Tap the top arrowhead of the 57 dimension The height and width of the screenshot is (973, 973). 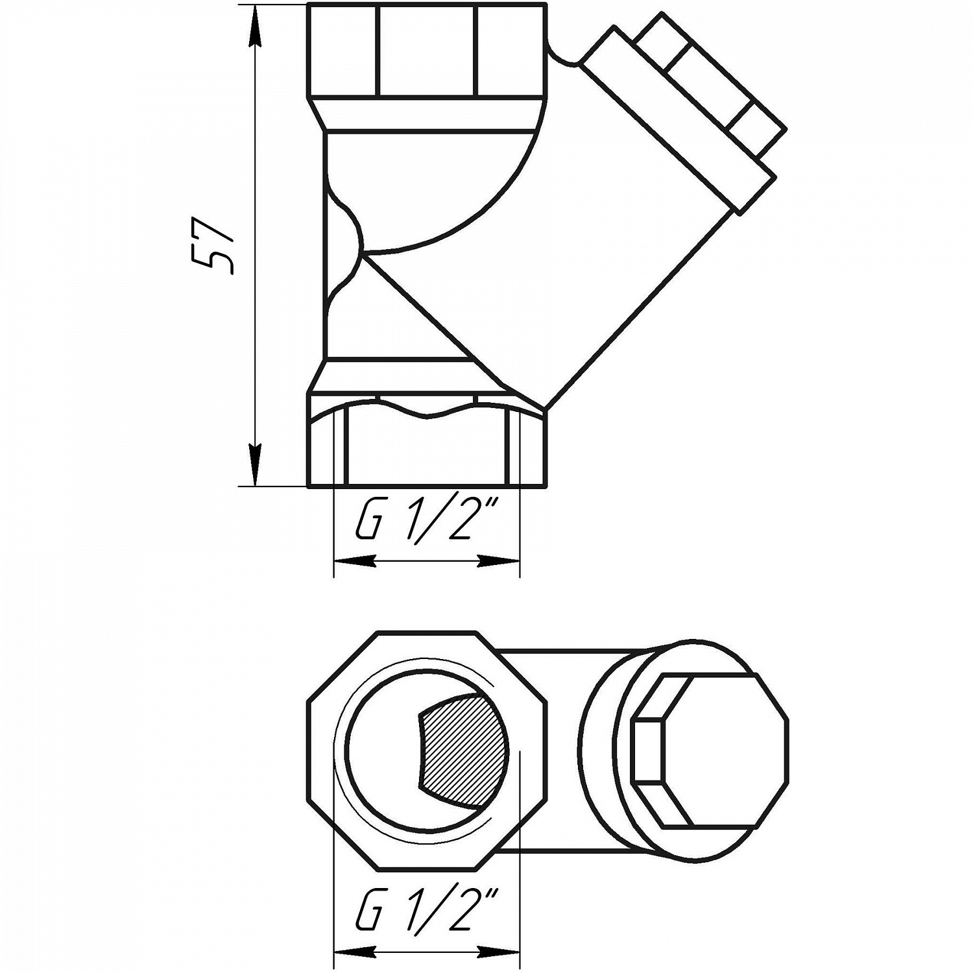256,26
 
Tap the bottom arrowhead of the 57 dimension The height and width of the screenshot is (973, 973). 256,463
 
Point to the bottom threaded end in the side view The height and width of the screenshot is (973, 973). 426,454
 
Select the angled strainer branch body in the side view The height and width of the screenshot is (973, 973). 584,259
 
